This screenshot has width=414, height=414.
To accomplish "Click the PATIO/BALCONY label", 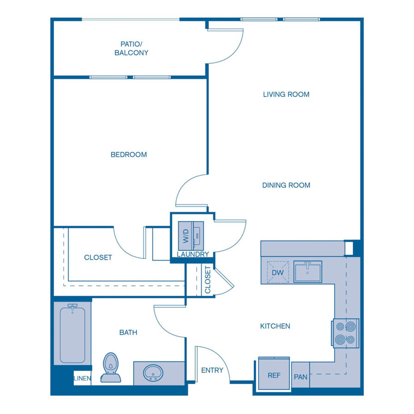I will tap(131, 48).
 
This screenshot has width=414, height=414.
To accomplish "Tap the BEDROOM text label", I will tap(129, 155).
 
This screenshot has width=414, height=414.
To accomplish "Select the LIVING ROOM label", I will tap(286, 94).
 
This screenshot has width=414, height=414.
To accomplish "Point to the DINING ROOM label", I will tap(286, 185).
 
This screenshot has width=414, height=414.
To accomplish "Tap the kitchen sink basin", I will tap(308, 271).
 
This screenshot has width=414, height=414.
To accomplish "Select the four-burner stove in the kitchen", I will tap(345, 332).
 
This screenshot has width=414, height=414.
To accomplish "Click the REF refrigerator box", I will tap(274, 375).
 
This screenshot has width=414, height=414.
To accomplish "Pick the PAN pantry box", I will tap(301, 377).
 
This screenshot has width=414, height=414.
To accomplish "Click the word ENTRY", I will tap(212, 370).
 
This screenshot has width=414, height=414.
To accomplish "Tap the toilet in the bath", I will tap(111, 367).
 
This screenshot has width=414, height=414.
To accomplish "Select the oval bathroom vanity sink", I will tap(153, 373).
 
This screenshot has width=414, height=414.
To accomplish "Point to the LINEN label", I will tap(82, 378).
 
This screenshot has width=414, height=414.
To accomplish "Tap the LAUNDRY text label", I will tap(193, 254).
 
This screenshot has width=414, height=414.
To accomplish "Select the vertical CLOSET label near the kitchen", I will tap(207, 280).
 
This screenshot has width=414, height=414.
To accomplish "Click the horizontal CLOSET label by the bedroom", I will tap(98, 258).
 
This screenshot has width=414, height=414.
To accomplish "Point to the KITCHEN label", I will tap(275, 326).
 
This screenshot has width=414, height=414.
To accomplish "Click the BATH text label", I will tap(128, 332).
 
